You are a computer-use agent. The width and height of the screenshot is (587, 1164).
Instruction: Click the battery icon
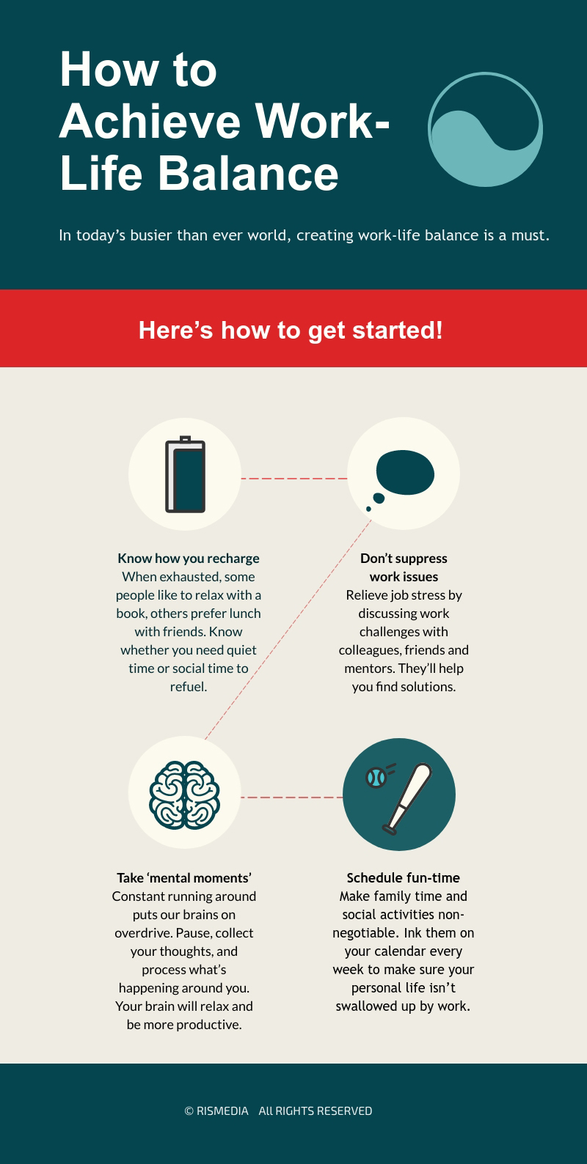coord(185,474)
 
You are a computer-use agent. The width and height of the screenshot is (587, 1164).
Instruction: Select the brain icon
coord(185,795)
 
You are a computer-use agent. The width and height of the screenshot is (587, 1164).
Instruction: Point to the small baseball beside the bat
coord(376,778)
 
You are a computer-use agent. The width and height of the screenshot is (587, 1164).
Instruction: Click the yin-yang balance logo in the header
coord(486,130)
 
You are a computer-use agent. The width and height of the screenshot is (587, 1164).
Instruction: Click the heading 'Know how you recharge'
coord(189,559)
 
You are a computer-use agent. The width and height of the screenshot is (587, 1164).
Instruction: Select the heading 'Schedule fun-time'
coord(404,877)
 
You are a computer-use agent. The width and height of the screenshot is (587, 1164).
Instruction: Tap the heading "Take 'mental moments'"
coord(184,877)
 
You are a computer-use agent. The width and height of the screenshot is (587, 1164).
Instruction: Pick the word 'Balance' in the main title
coord(248,173)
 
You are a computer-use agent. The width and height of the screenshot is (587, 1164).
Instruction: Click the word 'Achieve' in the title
coord(150,122)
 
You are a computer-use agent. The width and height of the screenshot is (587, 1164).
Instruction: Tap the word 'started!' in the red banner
coord(398,331)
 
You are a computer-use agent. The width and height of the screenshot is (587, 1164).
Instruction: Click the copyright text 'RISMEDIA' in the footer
coord(222,1111)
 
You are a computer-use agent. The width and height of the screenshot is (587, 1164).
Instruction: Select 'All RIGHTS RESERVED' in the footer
coord(316,1111)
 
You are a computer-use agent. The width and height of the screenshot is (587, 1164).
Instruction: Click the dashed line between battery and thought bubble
coord(294,478)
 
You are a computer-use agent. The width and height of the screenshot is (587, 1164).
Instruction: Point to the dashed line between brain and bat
coord(291,797)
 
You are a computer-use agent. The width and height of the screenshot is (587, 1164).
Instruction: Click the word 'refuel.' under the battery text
coord(189,687)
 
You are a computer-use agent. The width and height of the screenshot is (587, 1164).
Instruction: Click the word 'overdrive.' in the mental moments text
coord(144,933)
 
